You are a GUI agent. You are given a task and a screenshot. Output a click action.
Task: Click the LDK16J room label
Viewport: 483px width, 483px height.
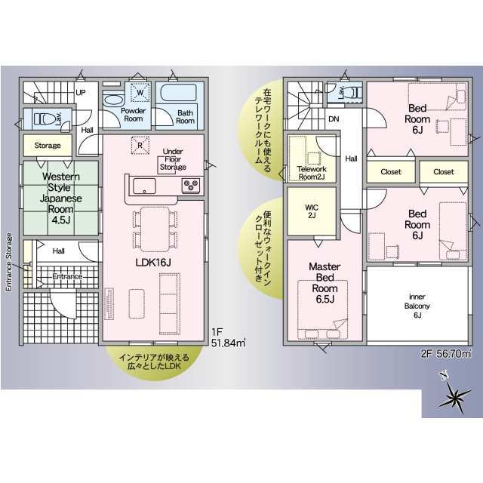153,263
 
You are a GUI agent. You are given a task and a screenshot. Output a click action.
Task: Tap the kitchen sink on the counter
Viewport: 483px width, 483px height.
144,186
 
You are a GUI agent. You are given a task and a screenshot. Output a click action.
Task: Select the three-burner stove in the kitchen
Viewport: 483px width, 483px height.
191,186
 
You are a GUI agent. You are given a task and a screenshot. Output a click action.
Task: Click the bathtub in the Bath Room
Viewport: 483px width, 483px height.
178,92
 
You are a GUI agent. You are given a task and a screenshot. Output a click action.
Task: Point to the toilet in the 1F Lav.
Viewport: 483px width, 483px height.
45,118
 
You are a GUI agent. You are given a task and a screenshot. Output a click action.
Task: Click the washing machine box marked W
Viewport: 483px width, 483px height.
140,92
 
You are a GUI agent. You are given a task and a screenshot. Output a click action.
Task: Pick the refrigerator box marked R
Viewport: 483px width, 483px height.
140,145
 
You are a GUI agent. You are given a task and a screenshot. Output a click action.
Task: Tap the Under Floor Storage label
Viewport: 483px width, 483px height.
173,159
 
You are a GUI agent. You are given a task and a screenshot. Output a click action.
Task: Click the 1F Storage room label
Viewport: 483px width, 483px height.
48,146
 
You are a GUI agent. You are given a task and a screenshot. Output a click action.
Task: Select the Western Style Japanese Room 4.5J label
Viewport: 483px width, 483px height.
61,198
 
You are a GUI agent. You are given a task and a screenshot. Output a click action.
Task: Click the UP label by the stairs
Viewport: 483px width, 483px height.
81,92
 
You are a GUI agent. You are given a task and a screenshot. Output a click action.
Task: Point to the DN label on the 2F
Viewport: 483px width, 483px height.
334,119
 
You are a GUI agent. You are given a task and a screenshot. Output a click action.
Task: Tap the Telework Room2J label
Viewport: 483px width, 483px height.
312,173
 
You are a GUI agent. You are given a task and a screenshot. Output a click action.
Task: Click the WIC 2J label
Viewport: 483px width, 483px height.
312,211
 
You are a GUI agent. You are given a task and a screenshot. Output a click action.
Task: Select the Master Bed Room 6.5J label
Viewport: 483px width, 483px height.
325,283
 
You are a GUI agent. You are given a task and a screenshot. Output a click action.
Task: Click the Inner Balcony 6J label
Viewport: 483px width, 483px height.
417,306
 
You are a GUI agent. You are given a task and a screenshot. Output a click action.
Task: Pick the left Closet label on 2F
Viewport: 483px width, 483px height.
391,171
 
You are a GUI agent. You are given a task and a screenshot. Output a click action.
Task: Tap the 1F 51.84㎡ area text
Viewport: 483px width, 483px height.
228,337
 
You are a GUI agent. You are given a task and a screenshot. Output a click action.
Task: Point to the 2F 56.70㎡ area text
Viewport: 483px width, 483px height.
446,354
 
